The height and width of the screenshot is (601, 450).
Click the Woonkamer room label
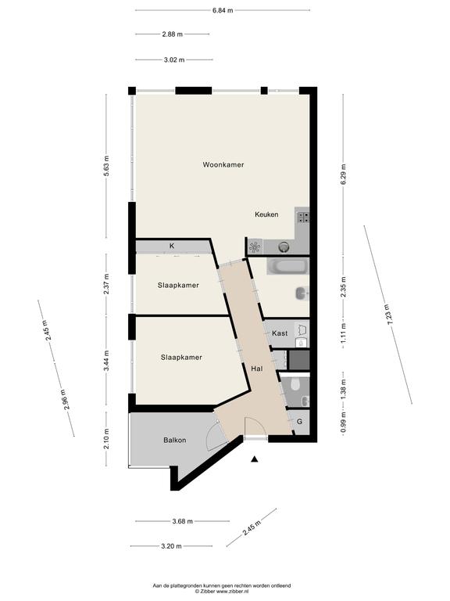pos(223,165)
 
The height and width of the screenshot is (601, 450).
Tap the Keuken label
pos(266,214)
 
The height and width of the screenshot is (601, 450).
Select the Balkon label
pos(175,441)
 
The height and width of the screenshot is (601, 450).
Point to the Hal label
pos(257,369)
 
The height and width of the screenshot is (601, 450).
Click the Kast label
pos(280,333)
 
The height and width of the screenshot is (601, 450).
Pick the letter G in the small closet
pos(300,422)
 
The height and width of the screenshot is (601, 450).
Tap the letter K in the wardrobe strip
pos(172,246)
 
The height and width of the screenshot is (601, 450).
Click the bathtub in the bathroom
pos(287,267)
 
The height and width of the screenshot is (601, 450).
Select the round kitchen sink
pos(284,247)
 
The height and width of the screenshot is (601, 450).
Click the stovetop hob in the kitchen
pos(304,218)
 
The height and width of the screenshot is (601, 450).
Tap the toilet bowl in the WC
pos(295,384)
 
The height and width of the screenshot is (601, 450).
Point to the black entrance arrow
pos(254,459)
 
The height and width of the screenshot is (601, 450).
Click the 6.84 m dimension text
pos(223,10)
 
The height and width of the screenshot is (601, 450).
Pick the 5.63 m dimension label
pos(107,166)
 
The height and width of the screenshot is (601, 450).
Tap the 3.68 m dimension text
pos(183,521)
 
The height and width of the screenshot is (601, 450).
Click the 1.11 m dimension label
pos(343,333)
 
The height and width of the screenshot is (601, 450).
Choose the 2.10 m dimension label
pos(107,439)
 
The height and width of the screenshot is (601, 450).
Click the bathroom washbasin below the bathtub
pos(302,294)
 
